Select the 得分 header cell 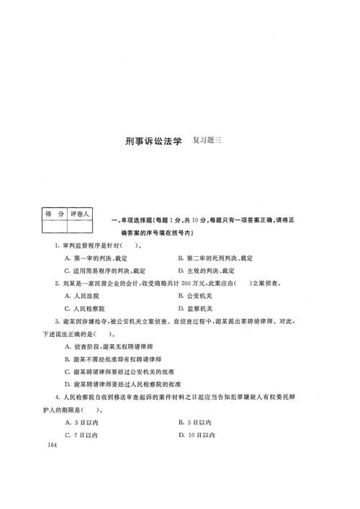[51, 214]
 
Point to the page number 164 [50, 446]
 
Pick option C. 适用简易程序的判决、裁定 [104, 271]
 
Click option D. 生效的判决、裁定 [206, 271]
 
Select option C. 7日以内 [81, 435]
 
